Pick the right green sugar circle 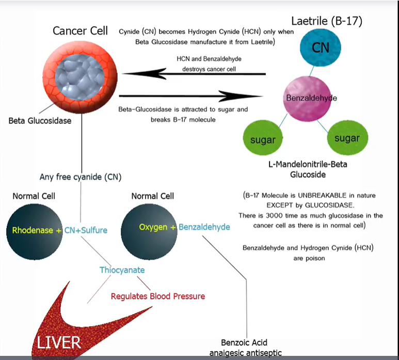pyautogui.click(x=347, y=138)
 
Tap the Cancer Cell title pyautogui.click(x=81, y=30)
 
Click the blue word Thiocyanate pyautogui.click(x=122, y=270)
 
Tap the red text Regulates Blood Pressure pyautogui.click(x=158, y=296)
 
